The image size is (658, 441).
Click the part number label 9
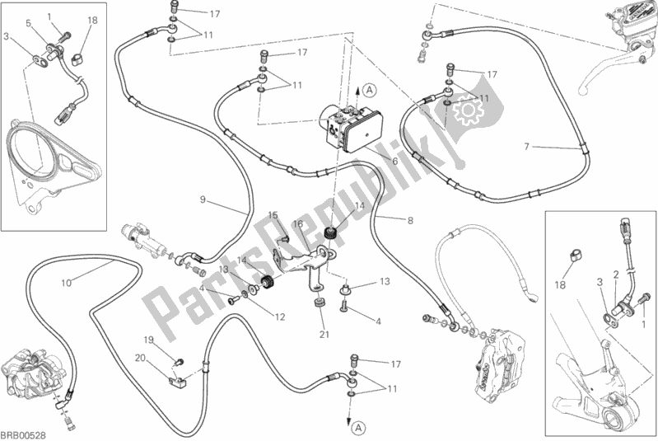coord(202,199)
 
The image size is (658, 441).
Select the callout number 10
coord(67,283)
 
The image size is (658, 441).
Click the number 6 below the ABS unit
coord(394,162)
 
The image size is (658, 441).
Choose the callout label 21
coord(324,334)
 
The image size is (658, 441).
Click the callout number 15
coord(273,215)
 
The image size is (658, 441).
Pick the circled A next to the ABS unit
coord(370,88)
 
